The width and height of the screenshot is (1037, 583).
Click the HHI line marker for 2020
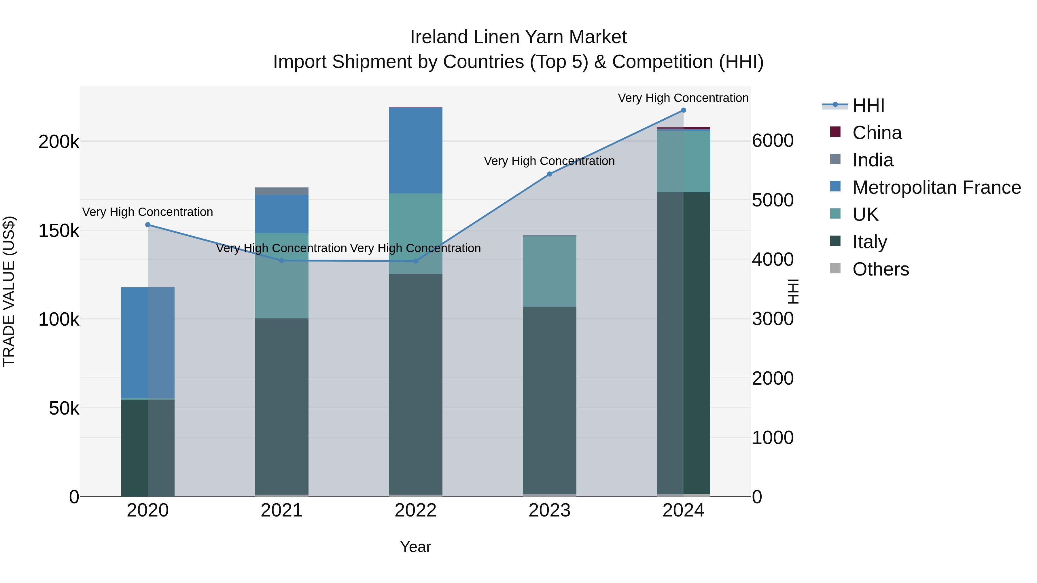pos(148,225)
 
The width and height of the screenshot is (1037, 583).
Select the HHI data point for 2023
pos(550,174)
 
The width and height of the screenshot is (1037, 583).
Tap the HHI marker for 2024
pos(683,110)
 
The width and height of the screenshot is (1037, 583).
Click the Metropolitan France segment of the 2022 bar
pos(415,151)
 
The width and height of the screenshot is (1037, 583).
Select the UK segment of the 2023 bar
pos(550,271)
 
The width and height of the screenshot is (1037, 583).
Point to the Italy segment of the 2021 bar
pos(282,406)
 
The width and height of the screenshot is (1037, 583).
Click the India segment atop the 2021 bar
pos(282,191)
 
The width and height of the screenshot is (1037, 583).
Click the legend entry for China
pos(877,133)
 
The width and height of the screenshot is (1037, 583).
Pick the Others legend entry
pos(880,269)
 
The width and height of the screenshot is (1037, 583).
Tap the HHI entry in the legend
pos(868,105)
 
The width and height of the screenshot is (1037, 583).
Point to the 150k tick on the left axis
pos(59,231)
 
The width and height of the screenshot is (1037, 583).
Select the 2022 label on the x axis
pos(415,510)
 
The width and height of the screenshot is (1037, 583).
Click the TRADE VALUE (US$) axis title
pos(9,291)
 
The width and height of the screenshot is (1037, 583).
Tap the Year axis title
pos(415,547)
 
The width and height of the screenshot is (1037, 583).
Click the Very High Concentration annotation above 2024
pos(683,98)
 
